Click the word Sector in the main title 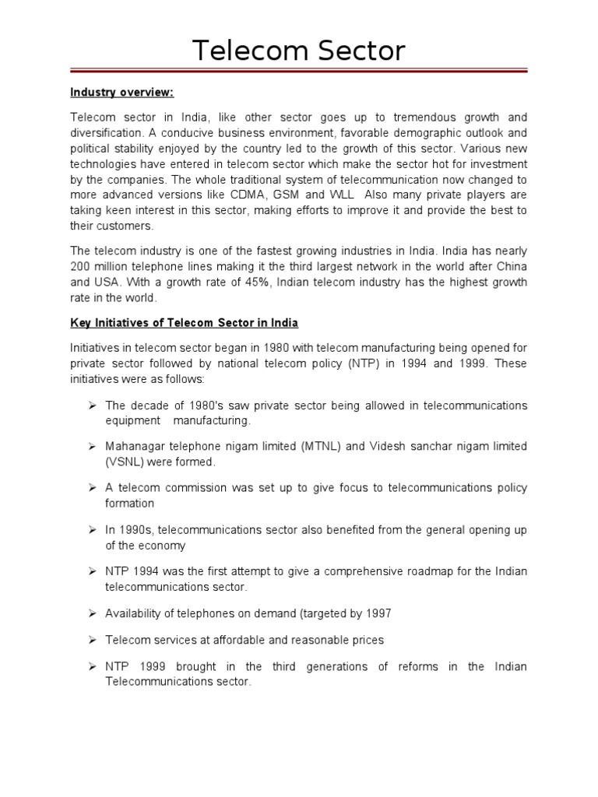(x=361, y=51)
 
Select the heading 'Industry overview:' (x=122, y=93)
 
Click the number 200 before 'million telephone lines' (x=82, y=267)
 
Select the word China (x=510, y=267)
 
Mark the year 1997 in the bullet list (x=376, y=613)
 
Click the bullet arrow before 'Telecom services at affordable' (x=91, y=640)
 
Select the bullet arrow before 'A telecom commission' (x=91, y=488)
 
